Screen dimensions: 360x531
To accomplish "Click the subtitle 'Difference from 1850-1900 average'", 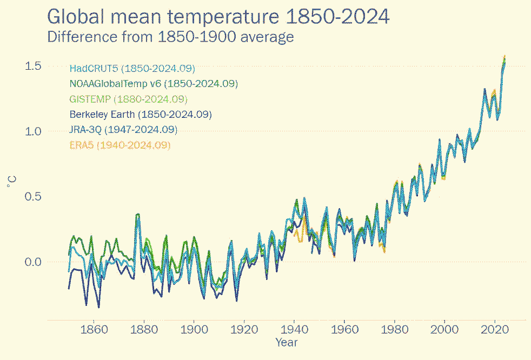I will coord(170,37).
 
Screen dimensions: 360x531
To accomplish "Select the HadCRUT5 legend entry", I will coord(132,69).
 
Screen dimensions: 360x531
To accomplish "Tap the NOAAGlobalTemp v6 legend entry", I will coord(154,84).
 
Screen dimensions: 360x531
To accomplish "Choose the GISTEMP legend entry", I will coord(128,99).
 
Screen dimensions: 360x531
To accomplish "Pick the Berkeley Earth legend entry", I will coord(140,115).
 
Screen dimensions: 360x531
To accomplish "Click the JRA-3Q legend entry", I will coord(123,130).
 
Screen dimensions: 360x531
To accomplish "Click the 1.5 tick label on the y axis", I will coord(34,66).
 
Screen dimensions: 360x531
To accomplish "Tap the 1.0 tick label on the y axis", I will coord(34,131).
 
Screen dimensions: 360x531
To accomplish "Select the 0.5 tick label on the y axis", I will coord(34,197).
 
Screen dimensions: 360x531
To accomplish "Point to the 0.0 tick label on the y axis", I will coord(34,262).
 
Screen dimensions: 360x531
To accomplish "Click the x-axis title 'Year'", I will coord(286,342).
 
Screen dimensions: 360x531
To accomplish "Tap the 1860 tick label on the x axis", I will coord(94,330).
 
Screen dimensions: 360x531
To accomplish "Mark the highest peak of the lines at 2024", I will coord(505,56).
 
